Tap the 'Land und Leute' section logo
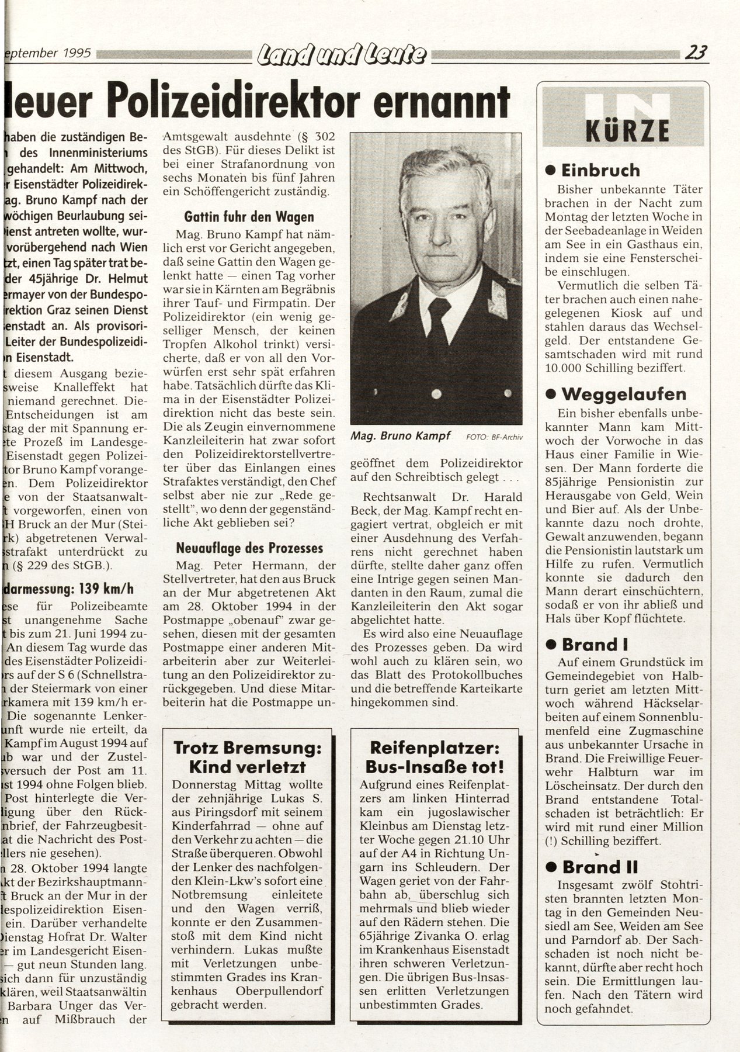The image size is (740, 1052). [342, 55]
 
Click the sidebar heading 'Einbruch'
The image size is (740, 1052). [600, 170]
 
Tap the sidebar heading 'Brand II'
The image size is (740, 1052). [600, 866]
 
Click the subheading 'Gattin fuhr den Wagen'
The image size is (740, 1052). [248, 217]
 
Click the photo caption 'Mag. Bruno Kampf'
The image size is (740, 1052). [399, 436]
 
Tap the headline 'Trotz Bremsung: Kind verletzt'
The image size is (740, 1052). [248, 756]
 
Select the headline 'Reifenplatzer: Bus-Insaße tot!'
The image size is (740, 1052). [435, 756]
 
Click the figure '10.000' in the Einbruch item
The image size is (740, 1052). [564, 368]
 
